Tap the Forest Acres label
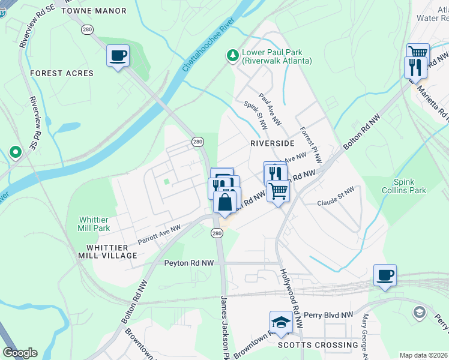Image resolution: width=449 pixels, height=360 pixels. click(62, 73)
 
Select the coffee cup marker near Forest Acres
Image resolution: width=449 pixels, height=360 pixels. click(118, 56)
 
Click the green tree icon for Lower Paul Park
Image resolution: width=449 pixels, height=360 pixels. click(232, 56)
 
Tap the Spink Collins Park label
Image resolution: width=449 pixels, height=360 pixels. click(409, 186)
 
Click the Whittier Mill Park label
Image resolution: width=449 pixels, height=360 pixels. click(94, 224)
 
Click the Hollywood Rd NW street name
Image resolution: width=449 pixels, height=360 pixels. click(291, 289)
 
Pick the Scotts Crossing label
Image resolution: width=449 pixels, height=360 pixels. click(318, 345)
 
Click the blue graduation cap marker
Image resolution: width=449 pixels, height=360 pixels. click(281, 323)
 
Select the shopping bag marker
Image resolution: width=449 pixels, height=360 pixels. click(224, 203)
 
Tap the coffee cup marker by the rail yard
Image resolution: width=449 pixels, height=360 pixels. click(385, 275)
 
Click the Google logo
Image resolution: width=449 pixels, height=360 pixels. click(20, 353)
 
